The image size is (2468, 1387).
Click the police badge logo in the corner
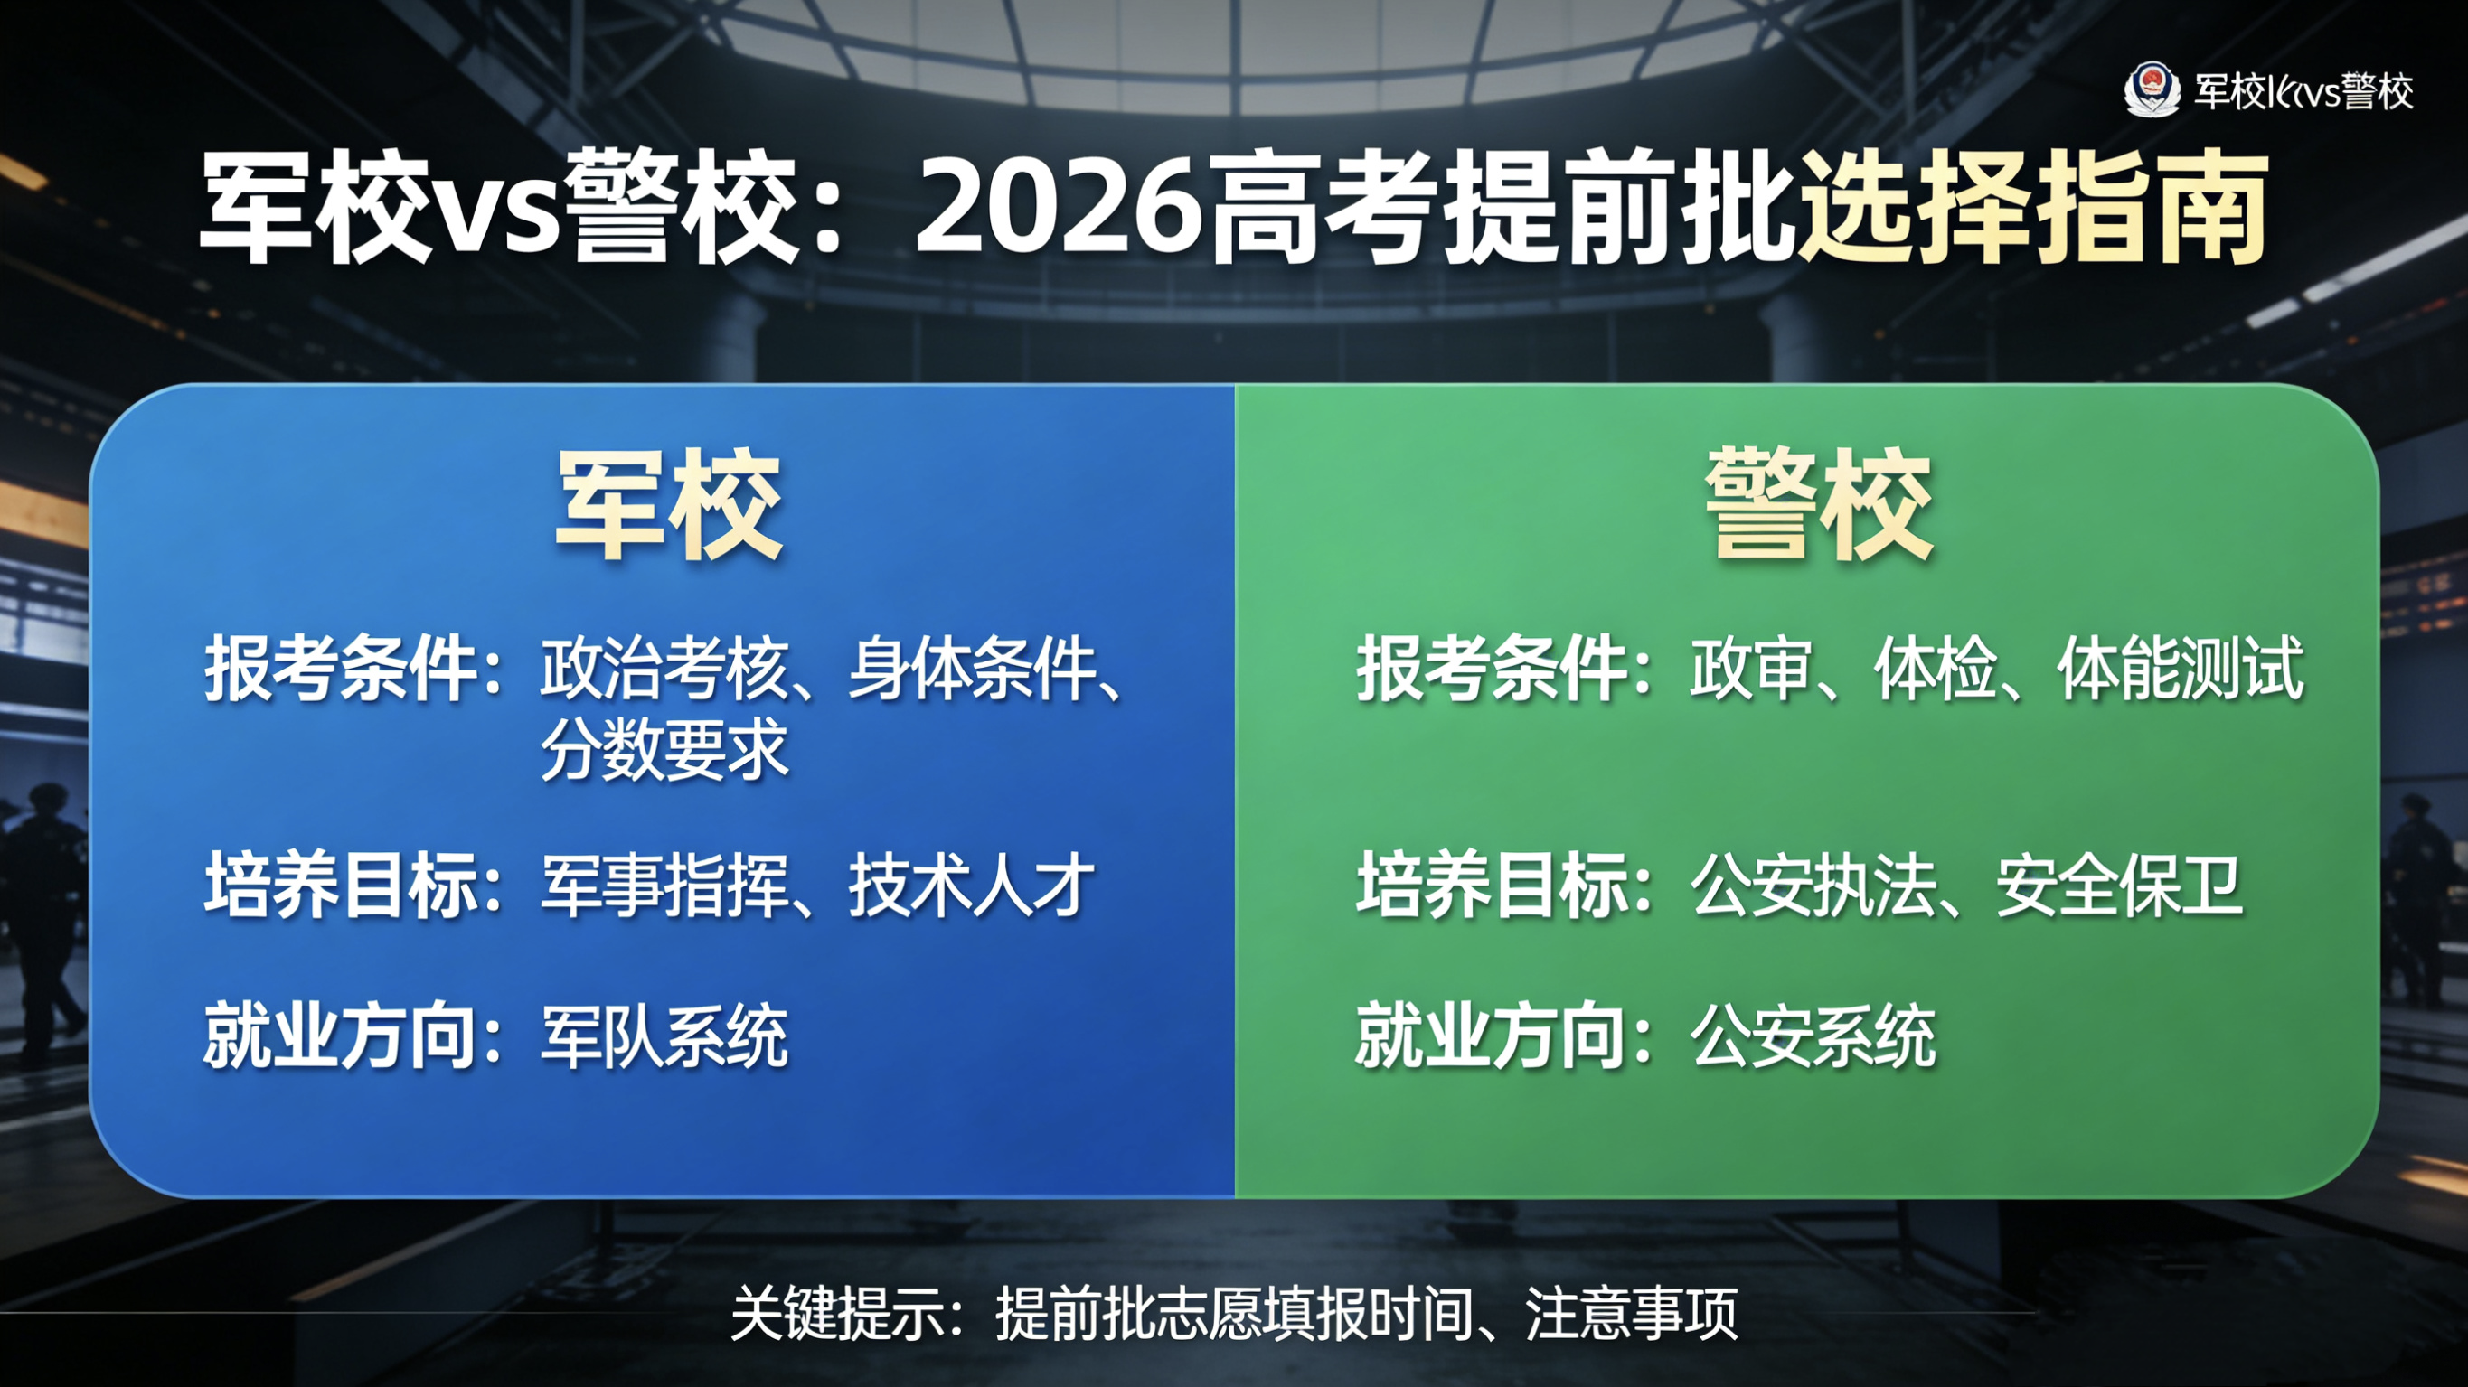[x=2152, y=90]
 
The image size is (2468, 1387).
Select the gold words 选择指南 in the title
[x=2033, y=207]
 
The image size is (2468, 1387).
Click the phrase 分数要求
[x=664, y=748]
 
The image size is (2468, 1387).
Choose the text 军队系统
[x=664, y=1036]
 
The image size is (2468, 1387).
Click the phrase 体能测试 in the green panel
[x=2181, y=668]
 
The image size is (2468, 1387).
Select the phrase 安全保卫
[x=2119, y=884]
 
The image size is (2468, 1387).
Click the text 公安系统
[x=1813, y=1036]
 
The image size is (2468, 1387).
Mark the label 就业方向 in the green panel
[x=1491, y=1036]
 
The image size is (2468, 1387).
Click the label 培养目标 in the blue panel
[x=341, y=884]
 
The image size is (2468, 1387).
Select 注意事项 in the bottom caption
[x=1631, y=1313]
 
